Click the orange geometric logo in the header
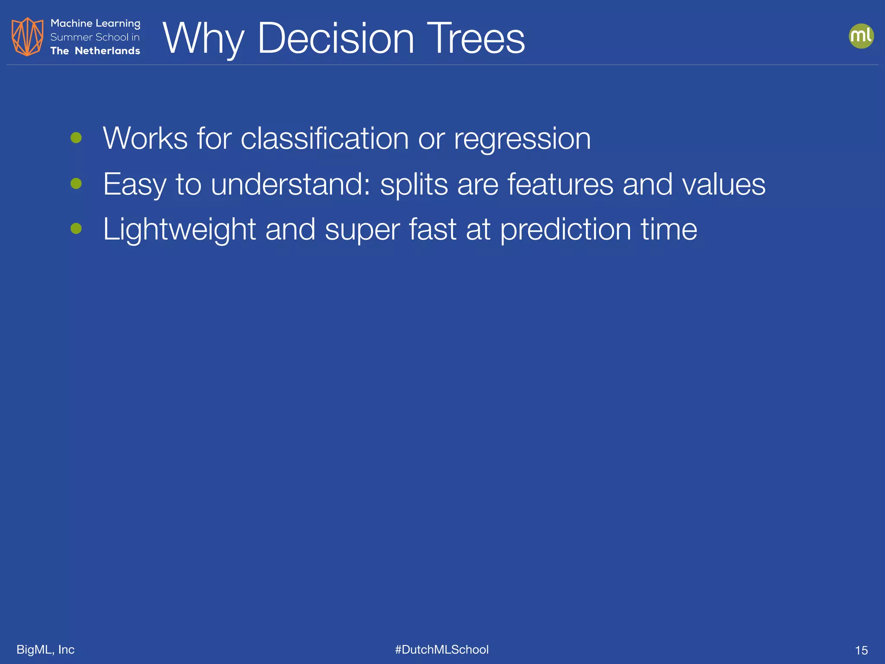pyautogui.click(x=27, y=37)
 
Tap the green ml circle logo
pyautogui.click(x=861, y=36)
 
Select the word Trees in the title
pyautogui.click(x=475, y=38)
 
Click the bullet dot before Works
pyautogui.click(x=76, y=138)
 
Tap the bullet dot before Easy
pyautogui.click(x=76, y=184)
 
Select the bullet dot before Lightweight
pyautogui.click(x=76, y=228)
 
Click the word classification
pyautogui.click(x=325, y=139)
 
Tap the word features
pyautogui.click(x=560, y=185)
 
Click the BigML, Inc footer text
pyautogui.click(x=45, y=649)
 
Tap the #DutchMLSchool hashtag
pyautogui.click(x=442, y=649)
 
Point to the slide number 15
pyautogui.click(x=861, y=650)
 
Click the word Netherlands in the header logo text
pyautogui.click(x=107, y=51)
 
